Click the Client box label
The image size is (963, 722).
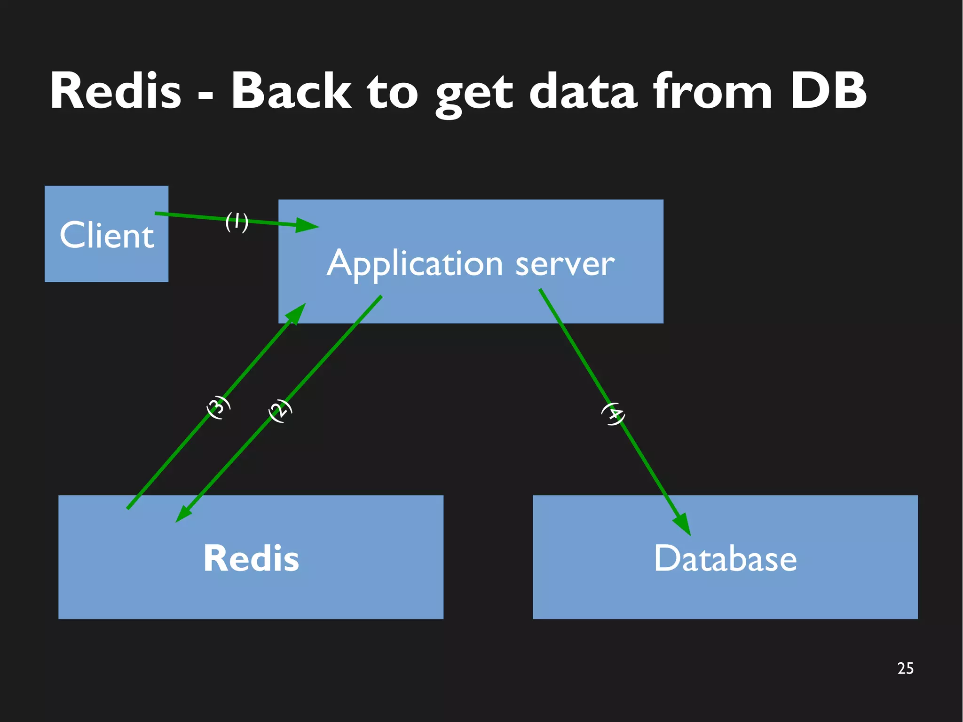pos(107,235)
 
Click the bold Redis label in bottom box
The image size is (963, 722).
pos(251,558)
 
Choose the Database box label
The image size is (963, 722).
pos(725,558)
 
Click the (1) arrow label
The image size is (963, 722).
pos(237,221)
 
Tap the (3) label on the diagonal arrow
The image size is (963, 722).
pos(219,407)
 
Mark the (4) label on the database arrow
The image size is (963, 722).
pos(613,413)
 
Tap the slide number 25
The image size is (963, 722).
pos(905,668)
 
